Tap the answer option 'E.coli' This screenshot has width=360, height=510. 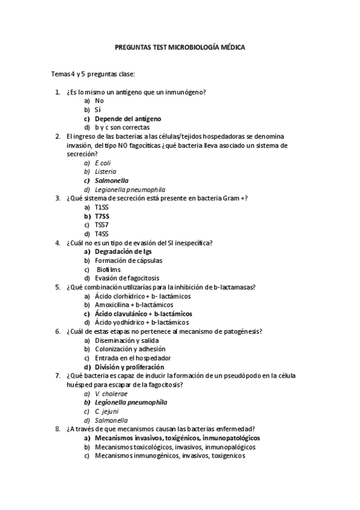[x=103, y=162]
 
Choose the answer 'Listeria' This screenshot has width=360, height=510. [x=106, y=171]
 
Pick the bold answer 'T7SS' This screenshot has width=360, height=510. [x=102, y=216]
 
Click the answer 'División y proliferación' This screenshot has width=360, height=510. [x=129, y=367]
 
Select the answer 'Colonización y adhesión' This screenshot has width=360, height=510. [x=130, y=349]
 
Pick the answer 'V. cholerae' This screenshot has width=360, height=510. [x=110, y=393]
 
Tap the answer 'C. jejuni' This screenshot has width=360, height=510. [x=106, y=411]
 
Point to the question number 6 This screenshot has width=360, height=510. [x=57, y=331]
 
